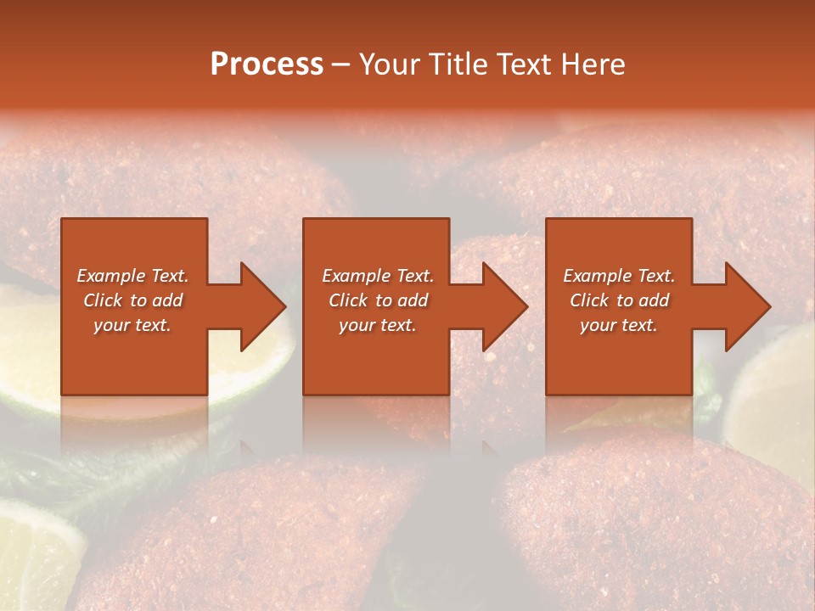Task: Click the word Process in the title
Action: pyautogui.click(x=267, y=64)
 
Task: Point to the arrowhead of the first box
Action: pyautogui.click(x=263, y=306)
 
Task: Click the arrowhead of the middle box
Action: pyautogui.click(x=505, y=306)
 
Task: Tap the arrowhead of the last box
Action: pyautogui.click(x=748, y=306)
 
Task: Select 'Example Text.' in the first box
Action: pyautogui.click(x=132, y=276)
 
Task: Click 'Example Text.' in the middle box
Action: pyautogui.click(x=378, y=276)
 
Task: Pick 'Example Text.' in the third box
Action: pyautogui.click(x=619, y=276)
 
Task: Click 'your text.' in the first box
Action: pyautogui.click(x=132, y=325)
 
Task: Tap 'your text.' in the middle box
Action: pyautogui.click(x=378, y=325)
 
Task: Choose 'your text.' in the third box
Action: pyautogui.click(x=619, y=325)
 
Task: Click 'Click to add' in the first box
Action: pyautogui.click(x=132, y=300)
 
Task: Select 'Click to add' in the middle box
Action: pyautogui.click(x=378, y=300)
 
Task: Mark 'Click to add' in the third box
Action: pyautogui.click(x=619, y=300)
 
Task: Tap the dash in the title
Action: pyautogui.click(x=340, y=65)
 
